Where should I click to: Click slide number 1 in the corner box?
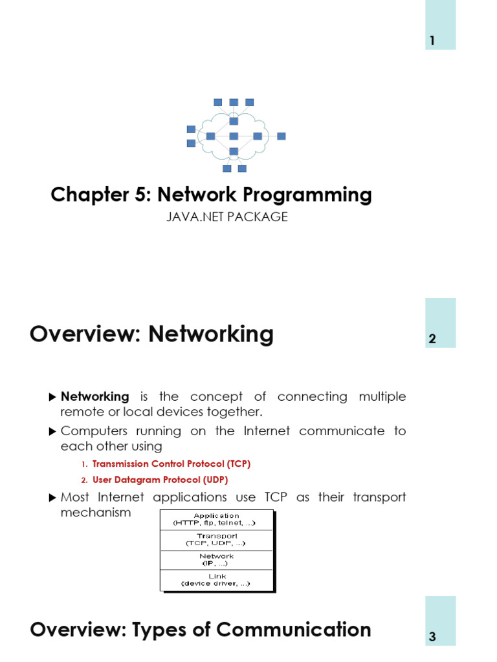[432, 41]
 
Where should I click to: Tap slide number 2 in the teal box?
[432, 339]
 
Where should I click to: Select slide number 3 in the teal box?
[432, 637]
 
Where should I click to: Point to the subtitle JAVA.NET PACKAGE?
[227, 217]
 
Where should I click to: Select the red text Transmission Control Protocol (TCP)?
[171, 464]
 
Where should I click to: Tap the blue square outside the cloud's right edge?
[281, 136]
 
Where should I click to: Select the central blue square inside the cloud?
[234, 136]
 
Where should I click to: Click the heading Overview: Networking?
[151, 334]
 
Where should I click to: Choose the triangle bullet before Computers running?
[53, 431]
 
